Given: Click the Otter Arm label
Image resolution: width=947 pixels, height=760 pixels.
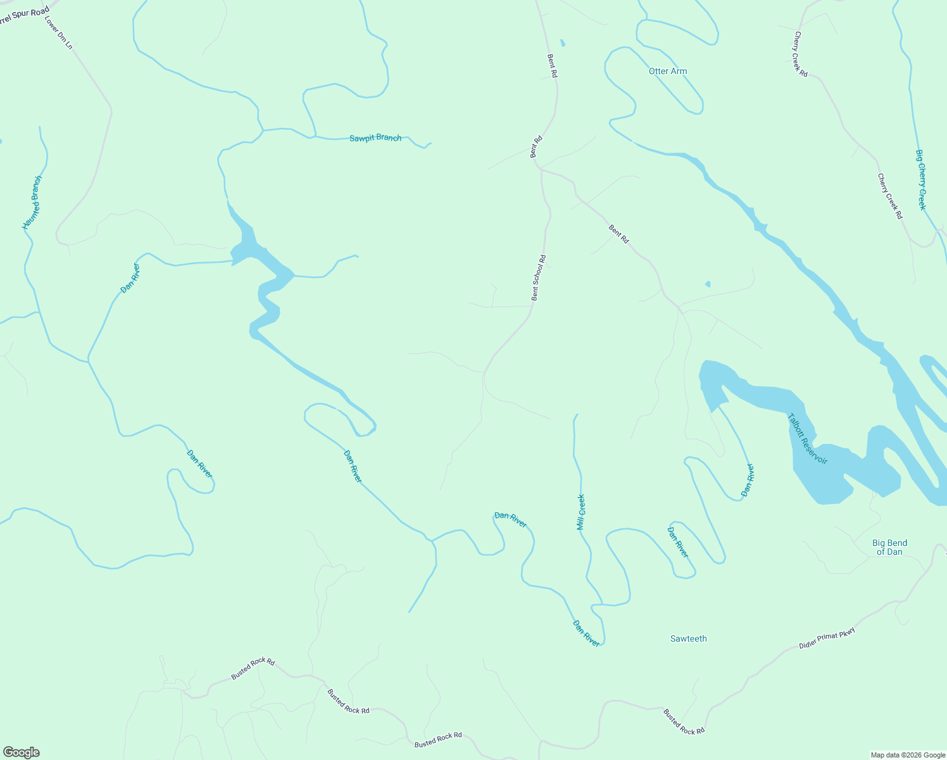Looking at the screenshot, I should coord(668,72).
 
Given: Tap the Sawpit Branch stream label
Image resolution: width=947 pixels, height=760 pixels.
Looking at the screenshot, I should coord(375,137).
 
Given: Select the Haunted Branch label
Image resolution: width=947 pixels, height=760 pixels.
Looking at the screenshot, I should coord(32,203).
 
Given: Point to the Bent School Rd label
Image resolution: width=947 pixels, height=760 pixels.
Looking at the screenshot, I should coord(538,277).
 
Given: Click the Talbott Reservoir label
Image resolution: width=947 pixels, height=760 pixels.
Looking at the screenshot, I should coord(807,439).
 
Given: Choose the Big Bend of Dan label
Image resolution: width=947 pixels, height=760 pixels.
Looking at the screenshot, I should coord(889,547).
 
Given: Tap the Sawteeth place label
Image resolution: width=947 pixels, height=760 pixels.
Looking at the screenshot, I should coord(688,638).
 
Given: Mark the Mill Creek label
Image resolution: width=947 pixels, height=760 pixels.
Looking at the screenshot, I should coord(580,512).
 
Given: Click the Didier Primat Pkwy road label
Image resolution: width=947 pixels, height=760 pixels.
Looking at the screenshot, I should coord(827,638).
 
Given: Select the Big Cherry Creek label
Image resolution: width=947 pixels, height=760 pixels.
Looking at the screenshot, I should coord(920,180).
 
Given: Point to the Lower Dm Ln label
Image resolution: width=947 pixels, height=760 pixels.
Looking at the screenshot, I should coord(59,33).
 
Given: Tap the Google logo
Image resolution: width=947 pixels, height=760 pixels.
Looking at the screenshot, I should coord(21,752).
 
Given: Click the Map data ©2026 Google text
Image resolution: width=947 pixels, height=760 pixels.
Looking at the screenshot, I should coord(907,755).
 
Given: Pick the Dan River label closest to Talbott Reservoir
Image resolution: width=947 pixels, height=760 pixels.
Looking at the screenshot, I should coord(748,479).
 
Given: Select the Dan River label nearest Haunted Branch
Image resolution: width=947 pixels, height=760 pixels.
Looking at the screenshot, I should coord(130,278).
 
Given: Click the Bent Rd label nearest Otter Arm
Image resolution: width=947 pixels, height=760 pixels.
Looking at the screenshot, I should coord(552,65).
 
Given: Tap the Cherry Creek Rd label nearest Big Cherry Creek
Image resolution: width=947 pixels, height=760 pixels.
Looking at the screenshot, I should coord(890,196).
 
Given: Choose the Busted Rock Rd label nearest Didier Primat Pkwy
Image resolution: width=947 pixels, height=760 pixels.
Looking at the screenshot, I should coord(684,721).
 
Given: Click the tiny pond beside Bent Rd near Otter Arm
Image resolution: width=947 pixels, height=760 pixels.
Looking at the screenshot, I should coord(563,43).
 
